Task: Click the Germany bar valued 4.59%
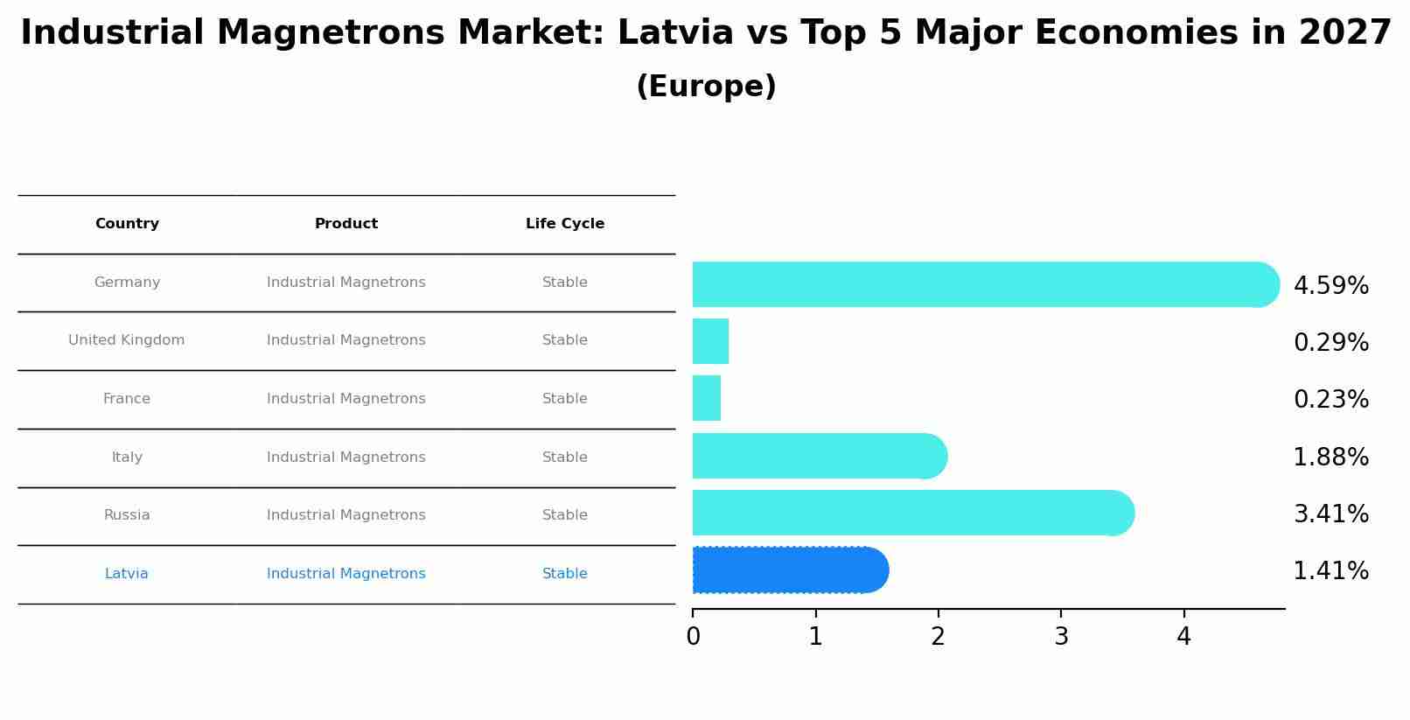pos(985,284)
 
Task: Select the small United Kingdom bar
pos(710,341)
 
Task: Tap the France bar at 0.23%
pos(707,398)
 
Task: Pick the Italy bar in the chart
pos(819,456)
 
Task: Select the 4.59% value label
pos(1330,286)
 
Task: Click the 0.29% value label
pos(1330,343)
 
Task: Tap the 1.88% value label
pos(1330,458)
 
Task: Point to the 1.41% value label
pos(1330,571)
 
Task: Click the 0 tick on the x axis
pos(693,637)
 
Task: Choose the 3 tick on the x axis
pos(1061,637)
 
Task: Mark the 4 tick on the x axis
pos(1183,637)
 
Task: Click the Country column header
pos(127,224)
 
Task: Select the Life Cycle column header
pos(565,224)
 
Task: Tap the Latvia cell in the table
pos(127,574)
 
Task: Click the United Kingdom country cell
pos(127,340)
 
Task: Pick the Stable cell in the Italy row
pos(565,458)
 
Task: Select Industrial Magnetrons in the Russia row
pos(346,515)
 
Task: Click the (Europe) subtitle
pos(706,87)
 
